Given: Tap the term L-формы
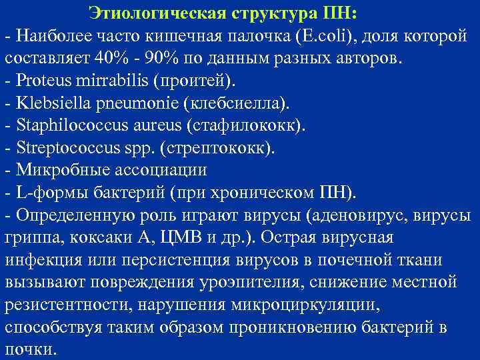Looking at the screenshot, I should (x=45, y=193).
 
